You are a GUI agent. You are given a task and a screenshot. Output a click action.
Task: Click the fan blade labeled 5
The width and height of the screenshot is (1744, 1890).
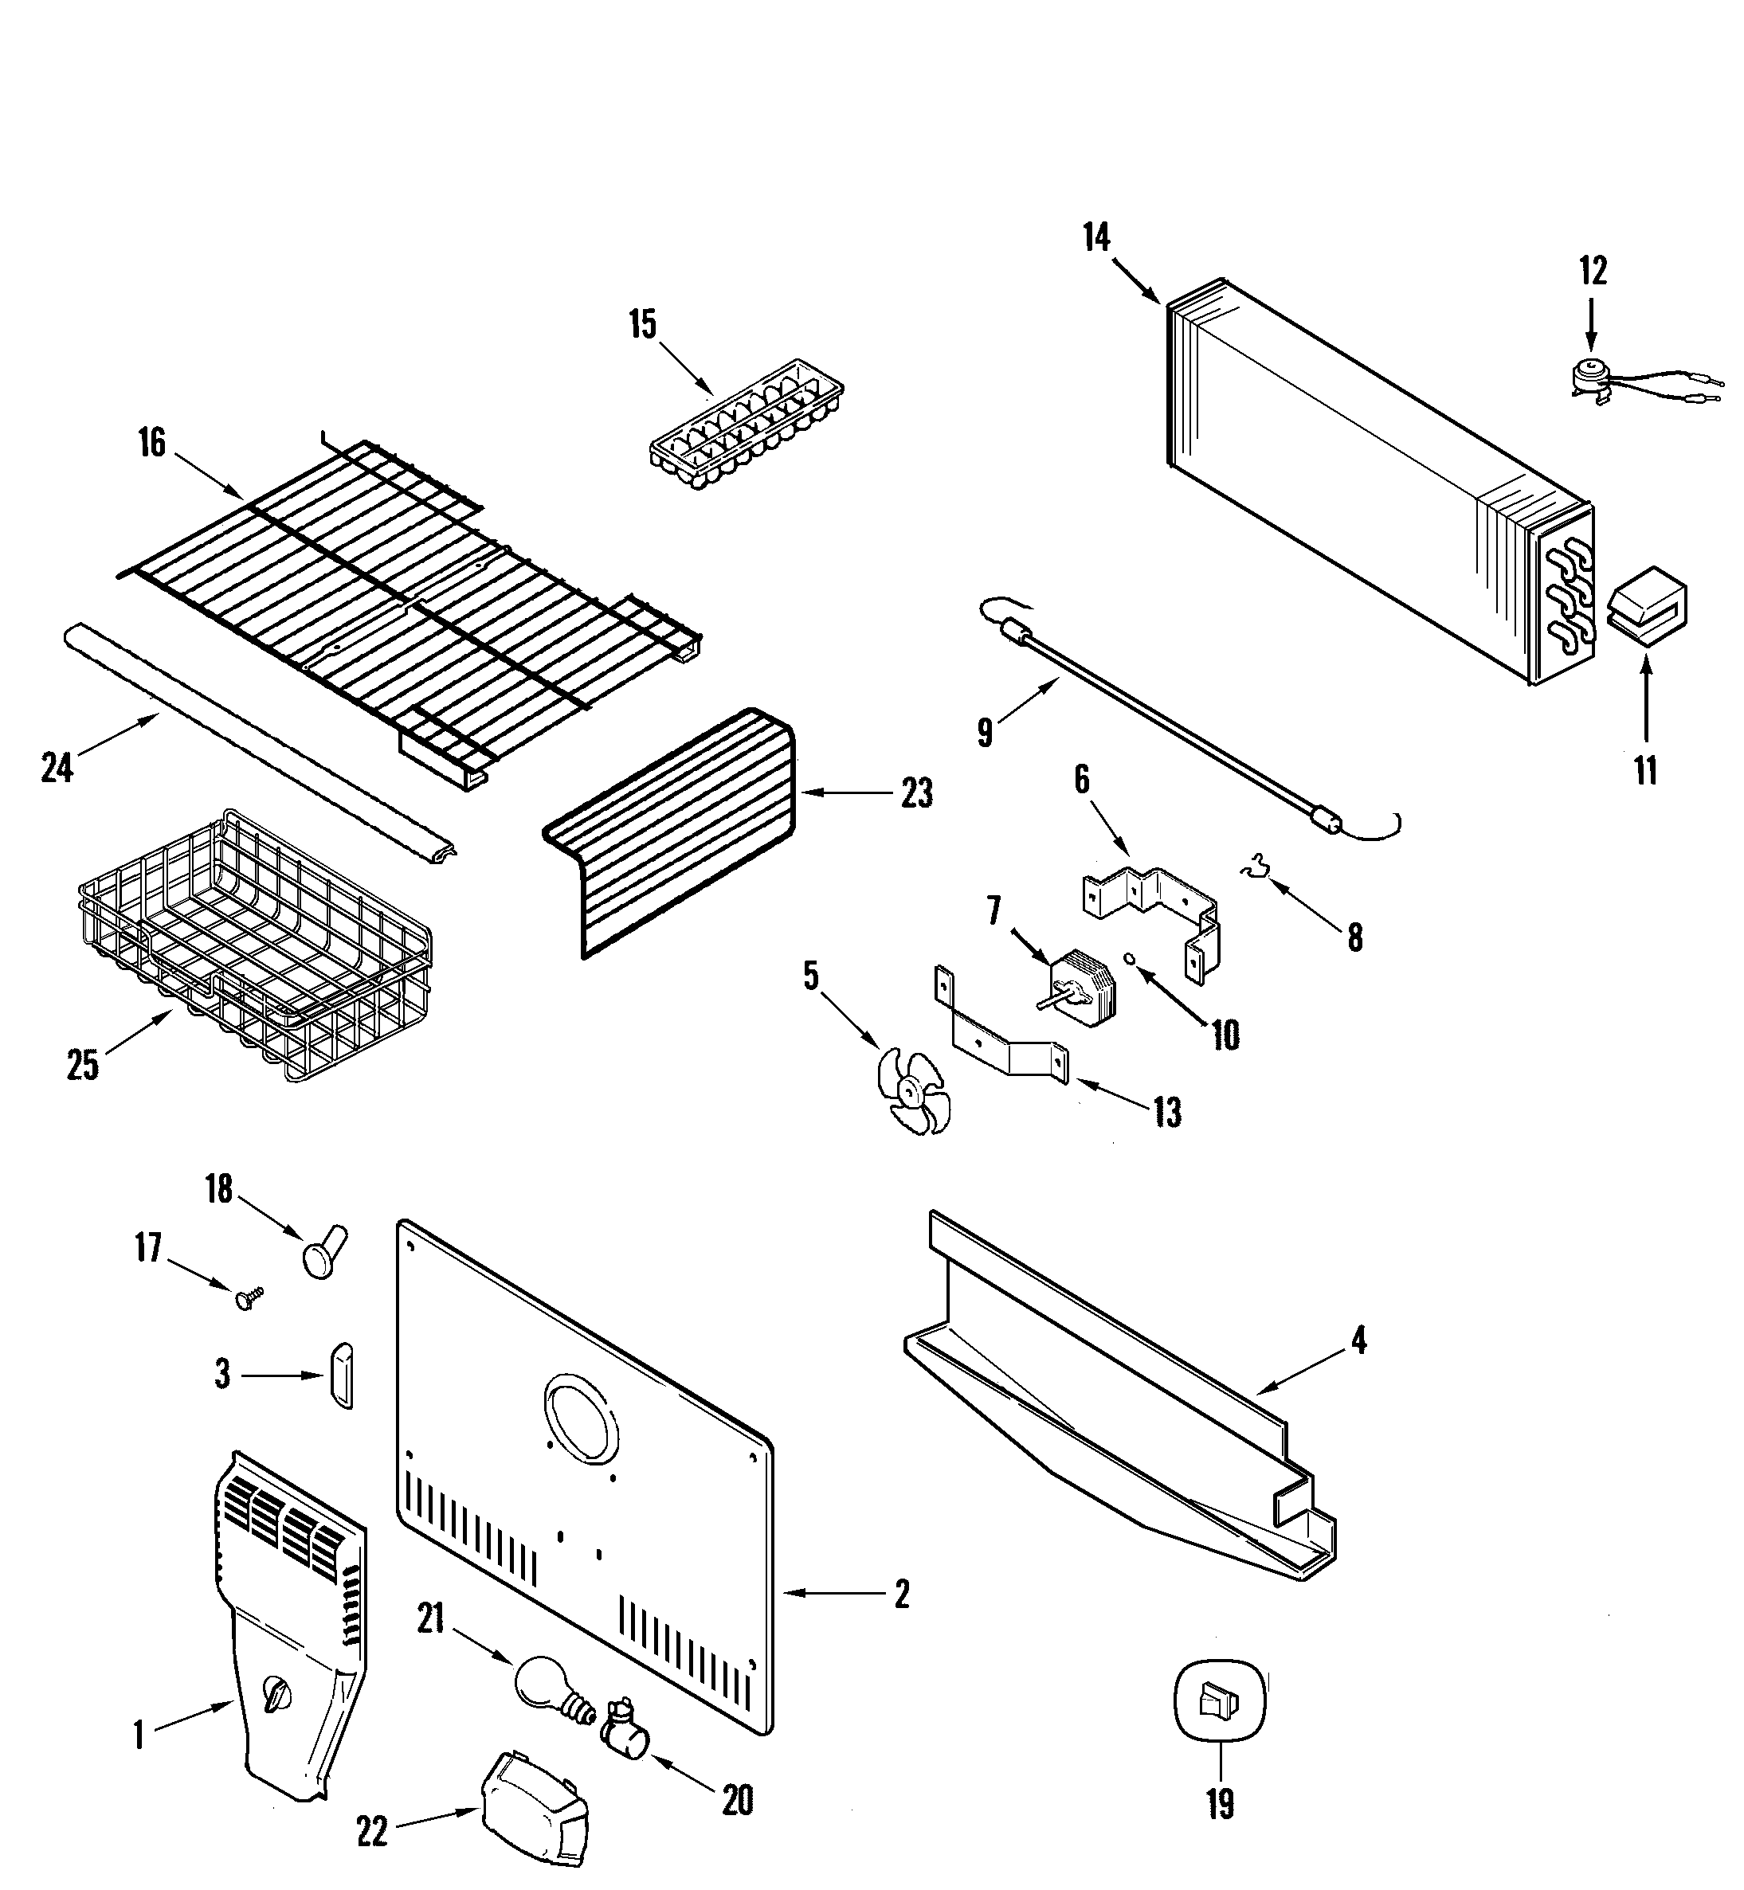[x=912, y=1092]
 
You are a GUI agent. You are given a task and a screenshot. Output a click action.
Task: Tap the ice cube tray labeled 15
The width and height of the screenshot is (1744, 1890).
[x=746, y=425]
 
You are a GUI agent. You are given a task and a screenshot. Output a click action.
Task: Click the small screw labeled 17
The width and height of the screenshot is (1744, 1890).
[x=249, y=1298]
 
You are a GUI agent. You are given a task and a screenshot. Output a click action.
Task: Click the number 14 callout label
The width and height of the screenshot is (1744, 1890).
[x=1095, y=238]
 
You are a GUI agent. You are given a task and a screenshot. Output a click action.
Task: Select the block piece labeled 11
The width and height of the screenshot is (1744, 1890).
[x=1646, y=608]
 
